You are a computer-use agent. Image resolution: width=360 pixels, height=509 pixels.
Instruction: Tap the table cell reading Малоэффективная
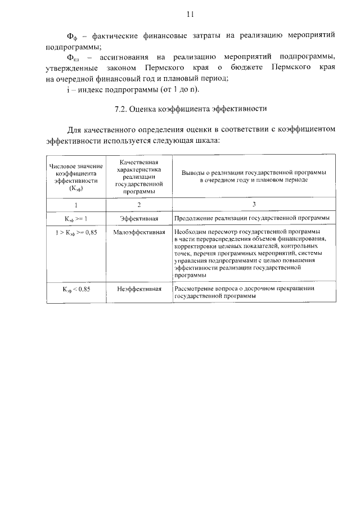[x=139, y=231]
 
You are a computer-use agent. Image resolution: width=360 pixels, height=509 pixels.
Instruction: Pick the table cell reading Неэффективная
[x=139, y=289]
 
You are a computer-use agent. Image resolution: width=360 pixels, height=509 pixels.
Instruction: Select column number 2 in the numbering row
[x=139, y=204]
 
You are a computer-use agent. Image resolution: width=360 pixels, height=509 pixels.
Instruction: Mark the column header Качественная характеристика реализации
[x=139, y=176]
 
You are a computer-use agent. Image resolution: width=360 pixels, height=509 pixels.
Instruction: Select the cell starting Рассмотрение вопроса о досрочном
[x=245, y=292]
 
